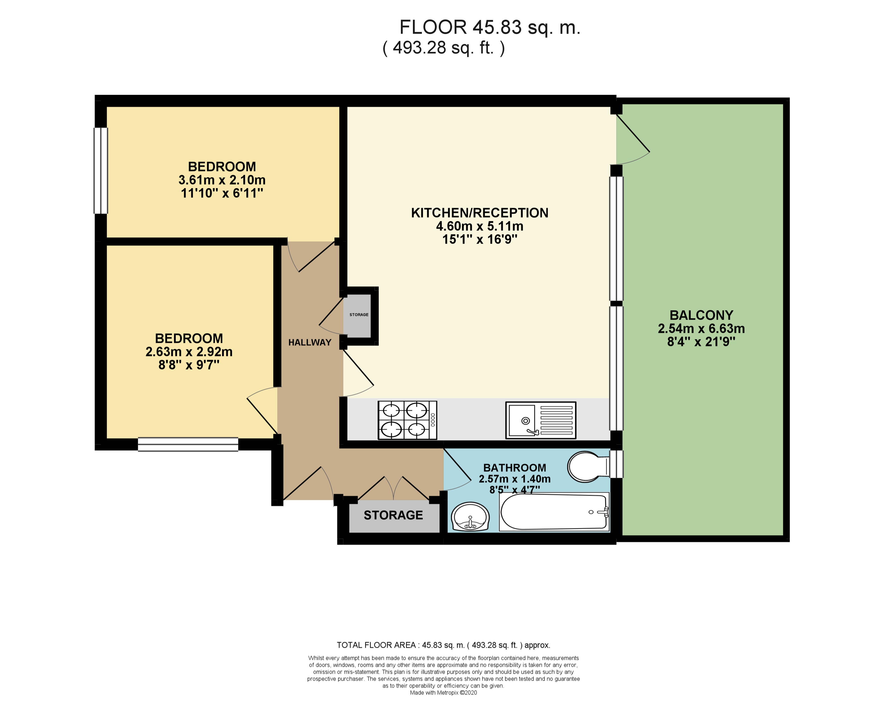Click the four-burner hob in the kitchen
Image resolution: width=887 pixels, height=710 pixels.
407,420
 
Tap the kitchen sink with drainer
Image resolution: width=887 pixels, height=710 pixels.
540,420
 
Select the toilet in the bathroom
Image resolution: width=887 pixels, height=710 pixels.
588,467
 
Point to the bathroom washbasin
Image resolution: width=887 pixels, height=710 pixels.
470,516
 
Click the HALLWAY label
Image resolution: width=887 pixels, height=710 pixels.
310,342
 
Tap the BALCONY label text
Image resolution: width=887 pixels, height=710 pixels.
701,315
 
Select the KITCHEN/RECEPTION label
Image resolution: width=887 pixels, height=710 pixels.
480,213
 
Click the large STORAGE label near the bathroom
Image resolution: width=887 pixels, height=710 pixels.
393,515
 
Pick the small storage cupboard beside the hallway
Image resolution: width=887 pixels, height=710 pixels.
358,315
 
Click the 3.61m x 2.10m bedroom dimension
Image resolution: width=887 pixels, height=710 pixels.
222,180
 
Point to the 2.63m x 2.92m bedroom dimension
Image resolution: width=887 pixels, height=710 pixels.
189,352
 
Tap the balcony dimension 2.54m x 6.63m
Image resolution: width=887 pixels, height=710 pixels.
701,328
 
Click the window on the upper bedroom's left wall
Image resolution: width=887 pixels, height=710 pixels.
101,171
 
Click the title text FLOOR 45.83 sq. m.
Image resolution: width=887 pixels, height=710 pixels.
490,28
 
